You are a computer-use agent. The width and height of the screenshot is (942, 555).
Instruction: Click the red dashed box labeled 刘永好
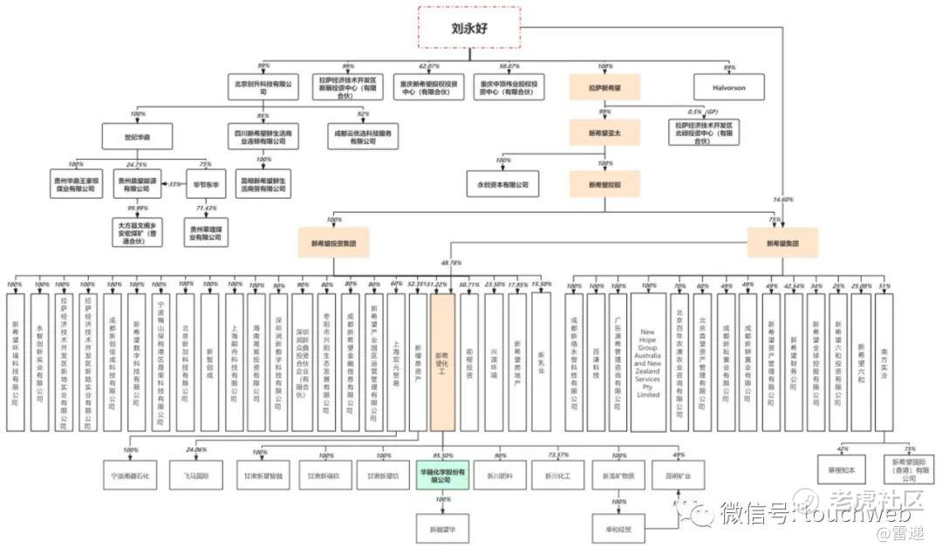(x=469, y=26)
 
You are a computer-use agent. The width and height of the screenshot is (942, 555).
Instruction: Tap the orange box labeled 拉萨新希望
(x=604, y=87)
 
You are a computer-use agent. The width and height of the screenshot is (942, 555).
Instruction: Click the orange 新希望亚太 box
(x=604, y=133)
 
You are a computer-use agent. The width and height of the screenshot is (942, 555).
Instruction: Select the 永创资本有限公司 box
(x=502, y=184)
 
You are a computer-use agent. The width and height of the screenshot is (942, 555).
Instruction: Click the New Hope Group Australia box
(x=648, y=362)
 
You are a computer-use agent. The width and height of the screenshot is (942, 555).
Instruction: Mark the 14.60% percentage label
(x=784, y=200)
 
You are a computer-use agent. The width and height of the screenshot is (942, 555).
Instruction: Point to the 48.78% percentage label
(x=452, y=263)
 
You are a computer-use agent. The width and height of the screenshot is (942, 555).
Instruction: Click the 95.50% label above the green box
(x=442, y=456)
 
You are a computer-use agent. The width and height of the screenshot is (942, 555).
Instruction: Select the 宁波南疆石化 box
(x=131, y=476)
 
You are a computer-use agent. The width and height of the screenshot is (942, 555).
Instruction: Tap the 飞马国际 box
(x=196, y=476)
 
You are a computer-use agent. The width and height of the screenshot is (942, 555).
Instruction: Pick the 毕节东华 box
(x=206, y=184)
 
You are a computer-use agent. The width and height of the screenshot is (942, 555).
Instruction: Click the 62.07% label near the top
(x=428, y=66)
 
